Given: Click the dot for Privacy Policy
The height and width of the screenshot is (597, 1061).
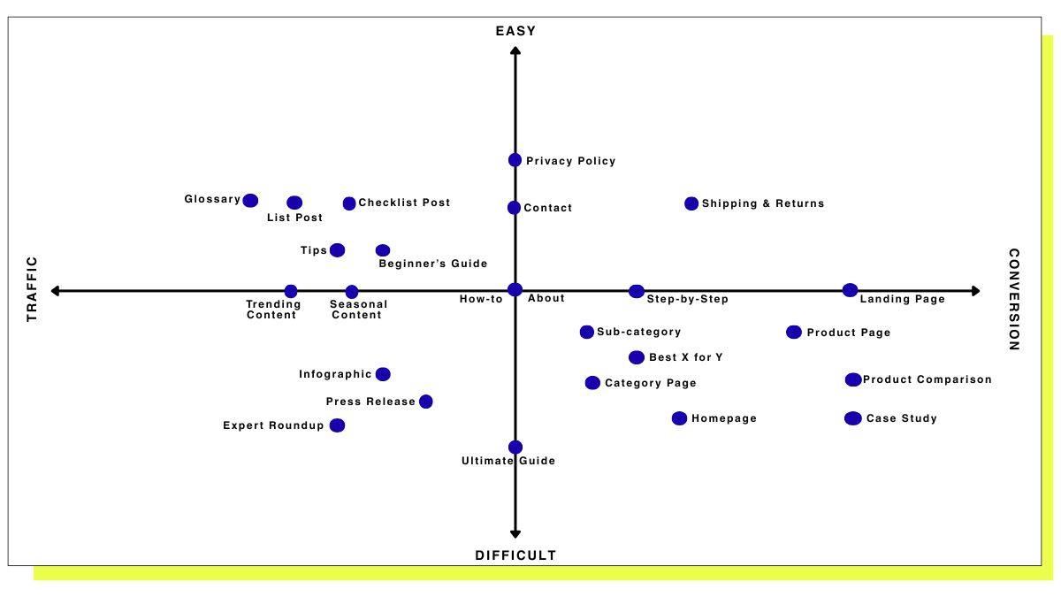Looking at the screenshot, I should tap(515, 160).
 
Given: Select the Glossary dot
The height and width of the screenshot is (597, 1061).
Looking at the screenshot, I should tap(250, 200).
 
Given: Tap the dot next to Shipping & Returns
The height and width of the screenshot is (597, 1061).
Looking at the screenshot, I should tap(691, 203).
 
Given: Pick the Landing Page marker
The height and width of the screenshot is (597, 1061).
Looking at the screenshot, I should tap(850, 290).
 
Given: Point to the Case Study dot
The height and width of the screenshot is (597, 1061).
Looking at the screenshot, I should tap(852, 418).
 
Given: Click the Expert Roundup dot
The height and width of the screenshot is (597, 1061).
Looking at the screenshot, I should tap(337, 425).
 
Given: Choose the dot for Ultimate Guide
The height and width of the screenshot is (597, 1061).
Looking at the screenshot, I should tap(515, 448).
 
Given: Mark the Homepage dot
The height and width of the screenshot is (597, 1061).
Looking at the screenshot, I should tap(679, 418).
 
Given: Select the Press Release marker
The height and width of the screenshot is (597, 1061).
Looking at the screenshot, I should tap(425, 402).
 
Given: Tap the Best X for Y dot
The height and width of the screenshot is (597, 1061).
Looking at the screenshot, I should tap(637, 357).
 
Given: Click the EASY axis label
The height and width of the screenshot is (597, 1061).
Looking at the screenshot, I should tap(515, 32).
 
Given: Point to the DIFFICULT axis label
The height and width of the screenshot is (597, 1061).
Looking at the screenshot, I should tap(515, 555).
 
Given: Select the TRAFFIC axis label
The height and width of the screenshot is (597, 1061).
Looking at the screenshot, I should tap(33, 288).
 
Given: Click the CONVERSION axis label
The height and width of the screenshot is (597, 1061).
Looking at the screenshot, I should tap(1014, 299).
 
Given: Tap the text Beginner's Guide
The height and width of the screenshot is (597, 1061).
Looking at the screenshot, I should tap(432, 264).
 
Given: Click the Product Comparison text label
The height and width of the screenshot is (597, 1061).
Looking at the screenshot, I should tap(927, 379).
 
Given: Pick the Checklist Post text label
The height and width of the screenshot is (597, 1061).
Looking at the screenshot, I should tap(404, 203).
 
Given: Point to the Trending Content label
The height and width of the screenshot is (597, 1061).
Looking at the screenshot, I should tap(273, 310).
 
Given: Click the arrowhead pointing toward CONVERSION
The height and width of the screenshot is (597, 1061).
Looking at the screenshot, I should tap(975, 291).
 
